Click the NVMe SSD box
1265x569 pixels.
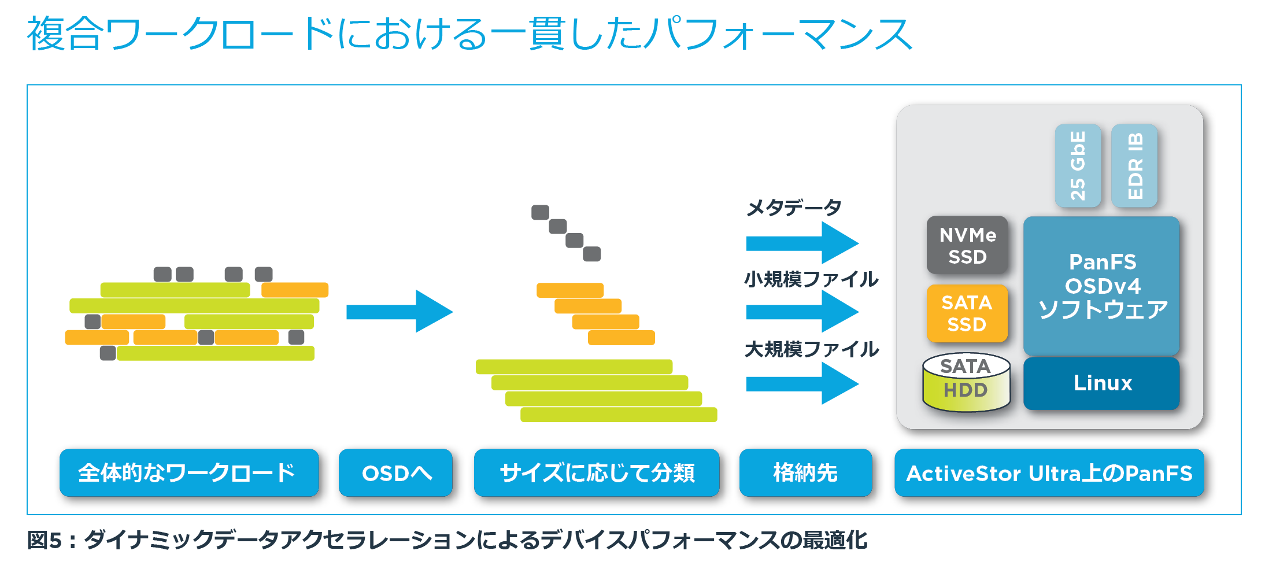click(x=967, y=245)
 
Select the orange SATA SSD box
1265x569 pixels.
click(x=967, y=313)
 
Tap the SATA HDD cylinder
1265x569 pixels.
click(x=966, y=382)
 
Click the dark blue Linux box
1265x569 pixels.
click(x=1101, y=383)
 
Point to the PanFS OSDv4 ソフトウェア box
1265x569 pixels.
click(x=1101, y=286)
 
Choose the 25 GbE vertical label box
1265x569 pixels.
click(x=1078, y=165)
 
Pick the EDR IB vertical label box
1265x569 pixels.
click(x=1134, y=165)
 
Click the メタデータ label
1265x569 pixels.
click(x=793, y=207)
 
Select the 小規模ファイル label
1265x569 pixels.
click(x=811, y=279)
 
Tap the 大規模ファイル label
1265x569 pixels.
click(x=811, y=349)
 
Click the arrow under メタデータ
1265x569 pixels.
click(x=802, y=243)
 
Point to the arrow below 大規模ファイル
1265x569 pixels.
click(x=802, y=383)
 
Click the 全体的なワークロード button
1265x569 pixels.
click(x=189, y=473)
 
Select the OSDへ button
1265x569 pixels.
click(x=395, y=473)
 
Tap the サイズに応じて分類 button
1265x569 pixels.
click(x=597, y=473)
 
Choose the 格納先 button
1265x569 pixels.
click(x=805, y=473)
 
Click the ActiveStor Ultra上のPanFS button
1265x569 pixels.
click(x=1049, y=473)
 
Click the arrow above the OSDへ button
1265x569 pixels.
click(x=400, y=312)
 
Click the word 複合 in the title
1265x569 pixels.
click(x=65, y=34)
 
